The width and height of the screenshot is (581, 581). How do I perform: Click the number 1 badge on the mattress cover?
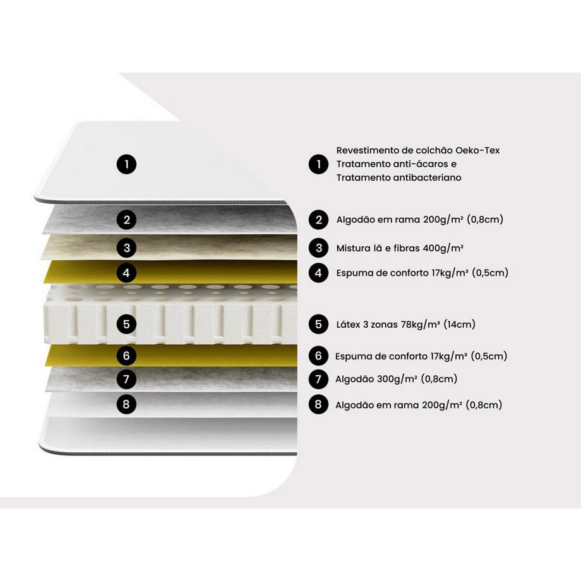pyautogui.click(x=127, y=164)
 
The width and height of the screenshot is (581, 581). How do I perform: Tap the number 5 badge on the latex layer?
pyautogui.click(x=127, y=324)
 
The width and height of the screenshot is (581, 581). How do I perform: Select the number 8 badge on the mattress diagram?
pyautogui.click(x=127, y=404)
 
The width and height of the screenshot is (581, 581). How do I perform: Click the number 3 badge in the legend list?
pyautogui.click(x=319, y=248)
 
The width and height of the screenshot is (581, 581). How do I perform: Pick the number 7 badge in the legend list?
pyautogui.click(x=319, y=379)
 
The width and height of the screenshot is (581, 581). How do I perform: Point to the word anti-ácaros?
pyautogui.click(x=416, y=164)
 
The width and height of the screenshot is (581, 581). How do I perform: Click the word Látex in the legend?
pyautogui.click(x=349, y=325)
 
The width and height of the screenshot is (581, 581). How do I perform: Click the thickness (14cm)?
pyautogui.click(x=460, y=325)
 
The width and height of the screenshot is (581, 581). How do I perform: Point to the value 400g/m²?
pyautogui.click(x=443, y=248)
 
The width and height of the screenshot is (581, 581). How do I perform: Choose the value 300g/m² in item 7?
pyautogui.click(x=397, y=379)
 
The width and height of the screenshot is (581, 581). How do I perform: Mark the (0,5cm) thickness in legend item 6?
pyautogui.click(x=489, y=356)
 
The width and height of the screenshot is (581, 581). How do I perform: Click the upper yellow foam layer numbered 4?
pyautogui.click(x=171, y=272)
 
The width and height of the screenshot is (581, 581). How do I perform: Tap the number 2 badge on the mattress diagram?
pyautogui.click(x=127, y=220)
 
